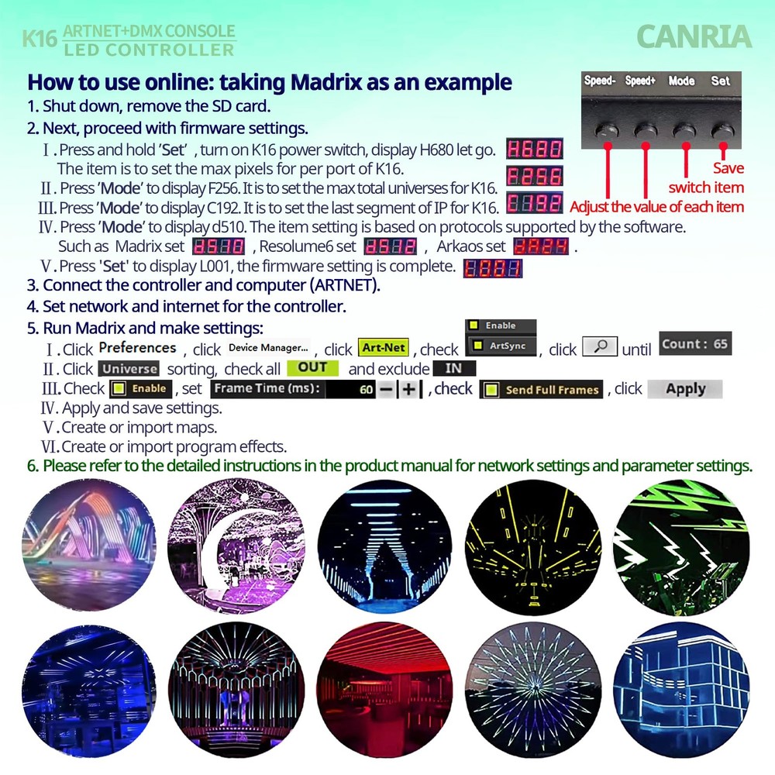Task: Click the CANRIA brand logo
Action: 693,36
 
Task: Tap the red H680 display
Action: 534,150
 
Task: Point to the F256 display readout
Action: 534,176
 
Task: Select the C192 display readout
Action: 534,204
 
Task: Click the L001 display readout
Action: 492,268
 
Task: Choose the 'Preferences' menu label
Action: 137,348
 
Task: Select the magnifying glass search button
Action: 599,346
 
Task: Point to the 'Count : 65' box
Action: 695,343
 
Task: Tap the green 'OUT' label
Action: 312,368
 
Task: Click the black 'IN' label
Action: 454,369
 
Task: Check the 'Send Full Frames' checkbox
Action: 491,390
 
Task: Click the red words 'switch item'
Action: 705,188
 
